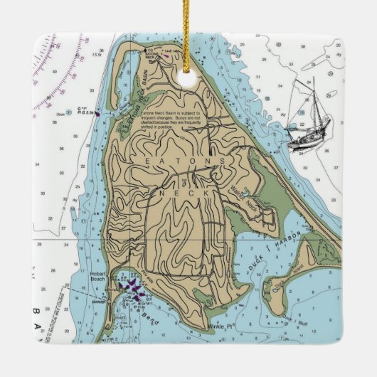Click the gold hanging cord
point(188,28)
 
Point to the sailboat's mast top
point(312,79)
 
